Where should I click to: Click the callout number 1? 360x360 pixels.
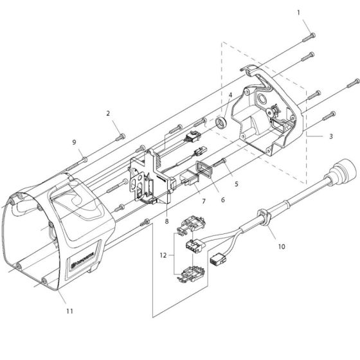coord(298,12)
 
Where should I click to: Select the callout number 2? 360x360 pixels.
coord(108,114)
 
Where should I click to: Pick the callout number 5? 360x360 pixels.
coord(236,184)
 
